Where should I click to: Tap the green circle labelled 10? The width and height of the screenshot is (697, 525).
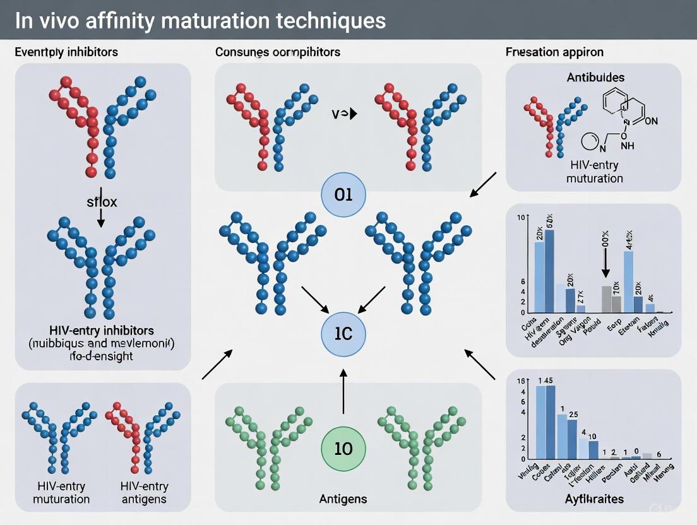(343, 449)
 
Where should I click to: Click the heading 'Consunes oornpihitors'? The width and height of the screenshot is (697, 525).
(278, 51)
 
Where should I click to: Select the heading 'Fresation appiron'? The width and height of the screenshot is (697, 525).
(555, 51)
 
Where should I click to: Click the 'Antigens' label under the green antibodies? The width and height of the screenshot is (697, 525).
(342, 499)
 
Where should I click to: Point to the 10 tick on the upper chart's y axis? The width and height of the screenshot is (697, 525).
(521, 218)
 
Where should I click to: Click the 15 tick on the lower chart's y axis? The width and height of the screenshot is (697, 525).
(521, 380)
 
